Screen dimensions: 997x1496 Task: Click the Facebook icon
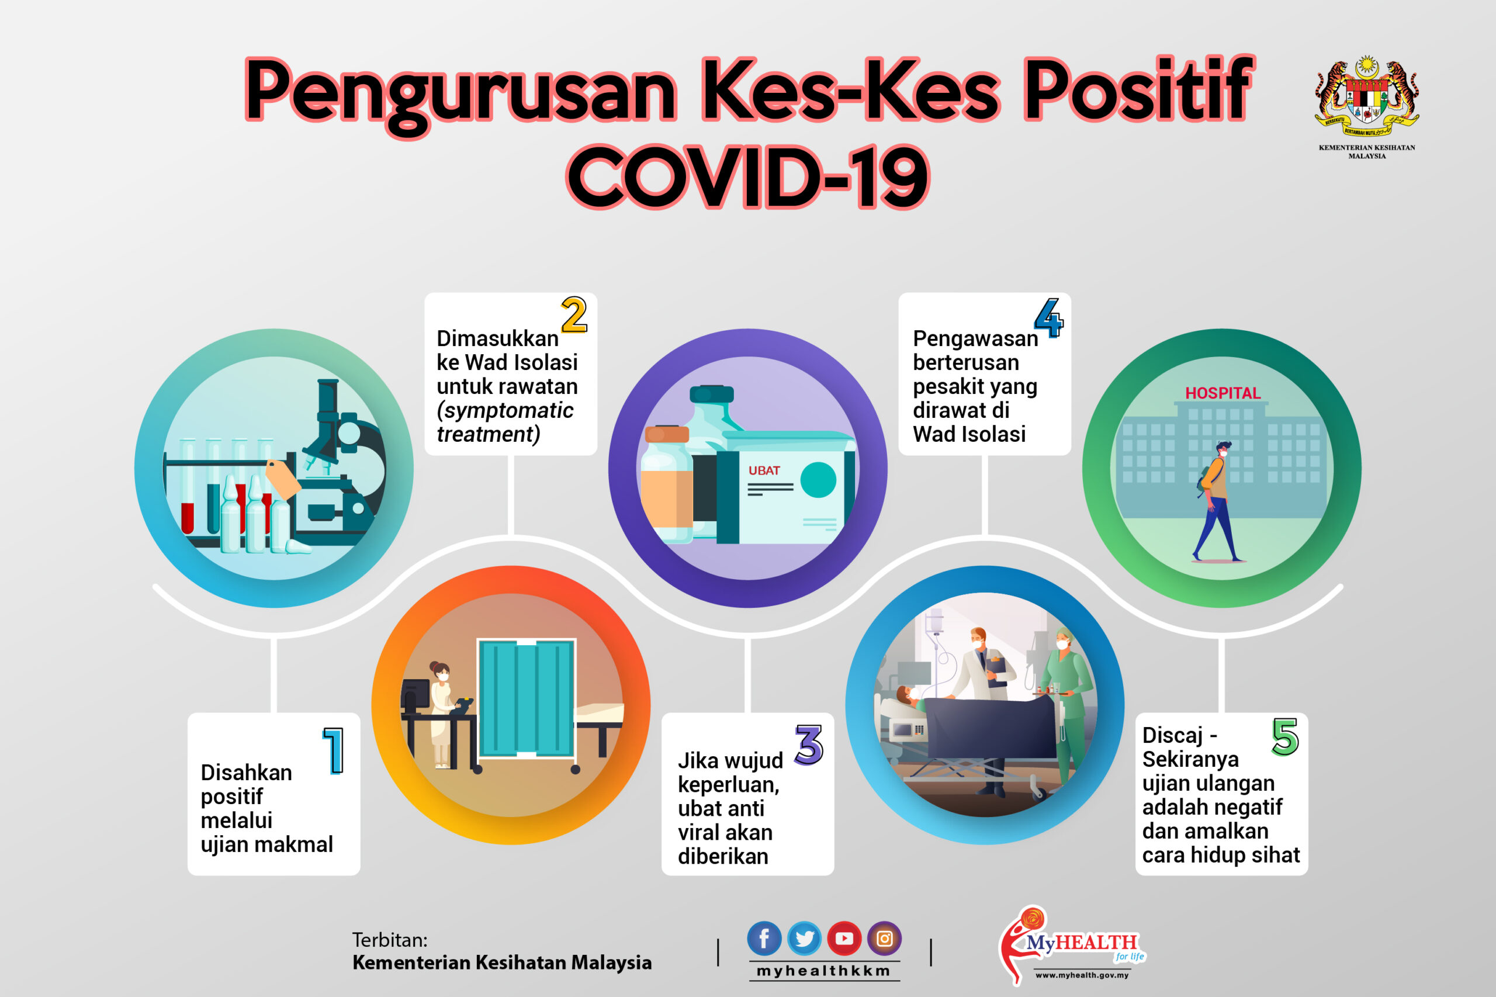(764, 938)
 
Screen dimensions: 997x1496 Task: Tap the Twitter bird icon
(804, 938)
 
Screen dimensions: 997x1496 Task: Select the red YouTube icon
(844, 938)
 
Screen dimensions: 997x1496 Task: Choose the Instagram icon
(884, 938)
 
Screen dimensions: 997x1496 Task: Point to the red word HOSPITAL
(1222, 393)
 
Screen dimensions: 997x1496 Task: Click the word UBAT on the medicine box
(764, 470)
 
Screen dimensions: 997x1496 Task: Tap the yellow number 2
(573, 315)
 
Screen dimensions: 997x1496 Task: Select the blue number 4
(1048, 318)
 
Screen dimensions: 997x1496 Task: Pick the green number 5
(1285, 737)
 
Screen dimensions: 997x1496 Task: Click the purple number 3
(809, 745)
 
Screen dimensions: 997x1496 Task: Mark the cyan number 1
(334, 751)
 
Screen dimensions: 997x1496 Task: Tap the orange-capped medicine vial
(666, 483)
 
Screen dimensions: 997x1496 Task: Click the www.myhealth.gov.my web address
(1082, 975)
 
